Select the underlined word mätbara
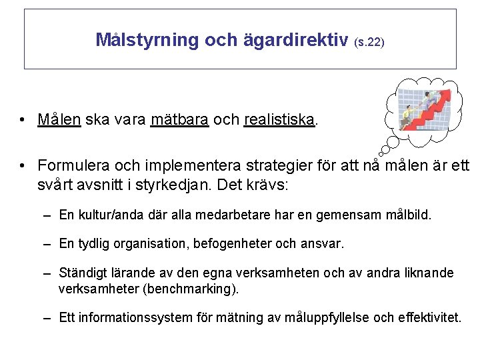point(179,120)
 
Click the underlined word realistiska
point(279,120)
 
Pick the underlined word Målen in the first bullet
point(59,120)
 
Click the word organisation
point(151,244)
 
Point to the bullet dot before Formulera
point(23,165)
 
